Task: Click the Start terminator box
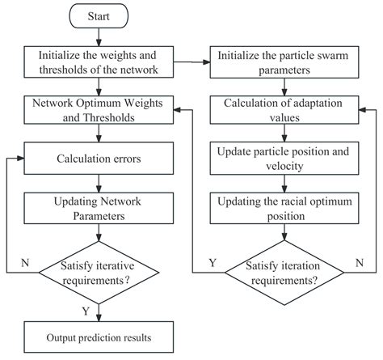(97, 15)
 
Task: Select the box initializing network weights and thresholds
(97, 61)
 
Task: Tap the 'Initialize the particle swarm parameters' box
(284, 61)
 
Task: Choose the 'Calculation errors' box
(97, 158)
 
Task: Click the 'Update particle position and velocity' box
(284, 158)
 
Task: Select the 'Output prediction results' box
(97, 336)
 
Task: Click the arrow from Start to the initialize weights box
(97, 36)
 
